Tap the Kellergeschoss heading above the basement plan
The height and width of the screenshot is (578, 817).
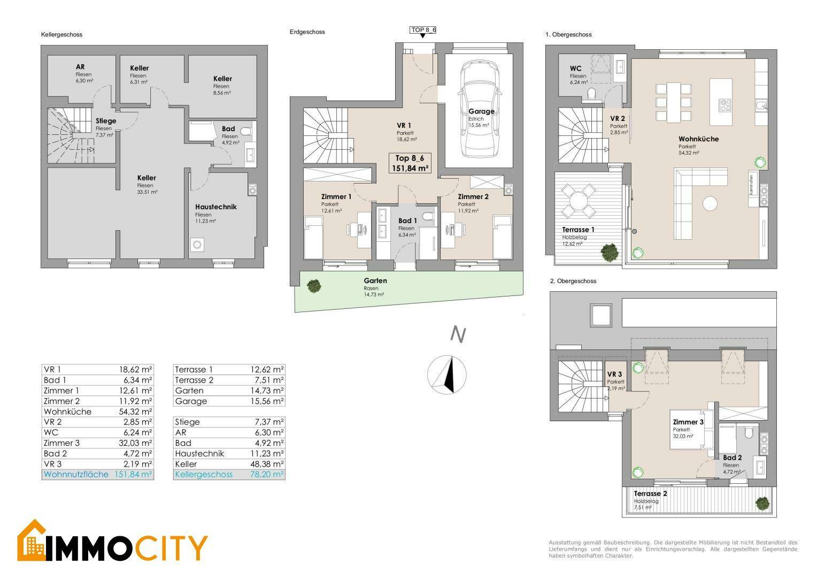tap(61, 35)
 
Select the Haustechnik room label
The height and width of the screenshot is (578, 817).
tap(215, 207)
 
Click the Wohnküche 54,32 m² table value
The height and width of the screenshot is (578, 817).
tap(135, 412)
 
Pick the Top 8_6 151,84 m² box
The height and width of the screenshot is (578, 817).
tap(410, 163)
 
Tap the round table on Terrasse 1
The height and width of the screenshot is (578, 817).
tap(579, 201)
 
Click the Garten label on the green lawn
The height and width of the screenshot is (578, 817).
tap(375, 281)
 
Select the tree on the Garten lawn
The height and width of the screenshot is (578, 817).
tap(314, 286)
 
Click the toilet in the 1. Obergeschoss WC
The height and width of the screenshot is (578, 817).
tap(591, 94)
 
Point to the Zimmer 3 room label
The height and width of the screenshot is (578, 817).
tap(688, 422)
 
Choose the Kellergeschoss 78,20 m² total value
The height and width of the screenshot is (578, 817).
tap(267, 475)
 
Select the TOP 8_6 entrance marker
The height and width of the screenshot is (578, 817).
tap(423, 32)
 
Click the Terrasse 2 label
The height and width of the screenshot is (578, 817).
tap(650, 493)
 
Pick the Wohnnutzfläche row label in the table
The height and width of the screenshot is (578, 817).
tap(76, 475)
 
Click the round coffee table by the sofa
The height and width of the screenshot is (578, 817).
tap(710, 203)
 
